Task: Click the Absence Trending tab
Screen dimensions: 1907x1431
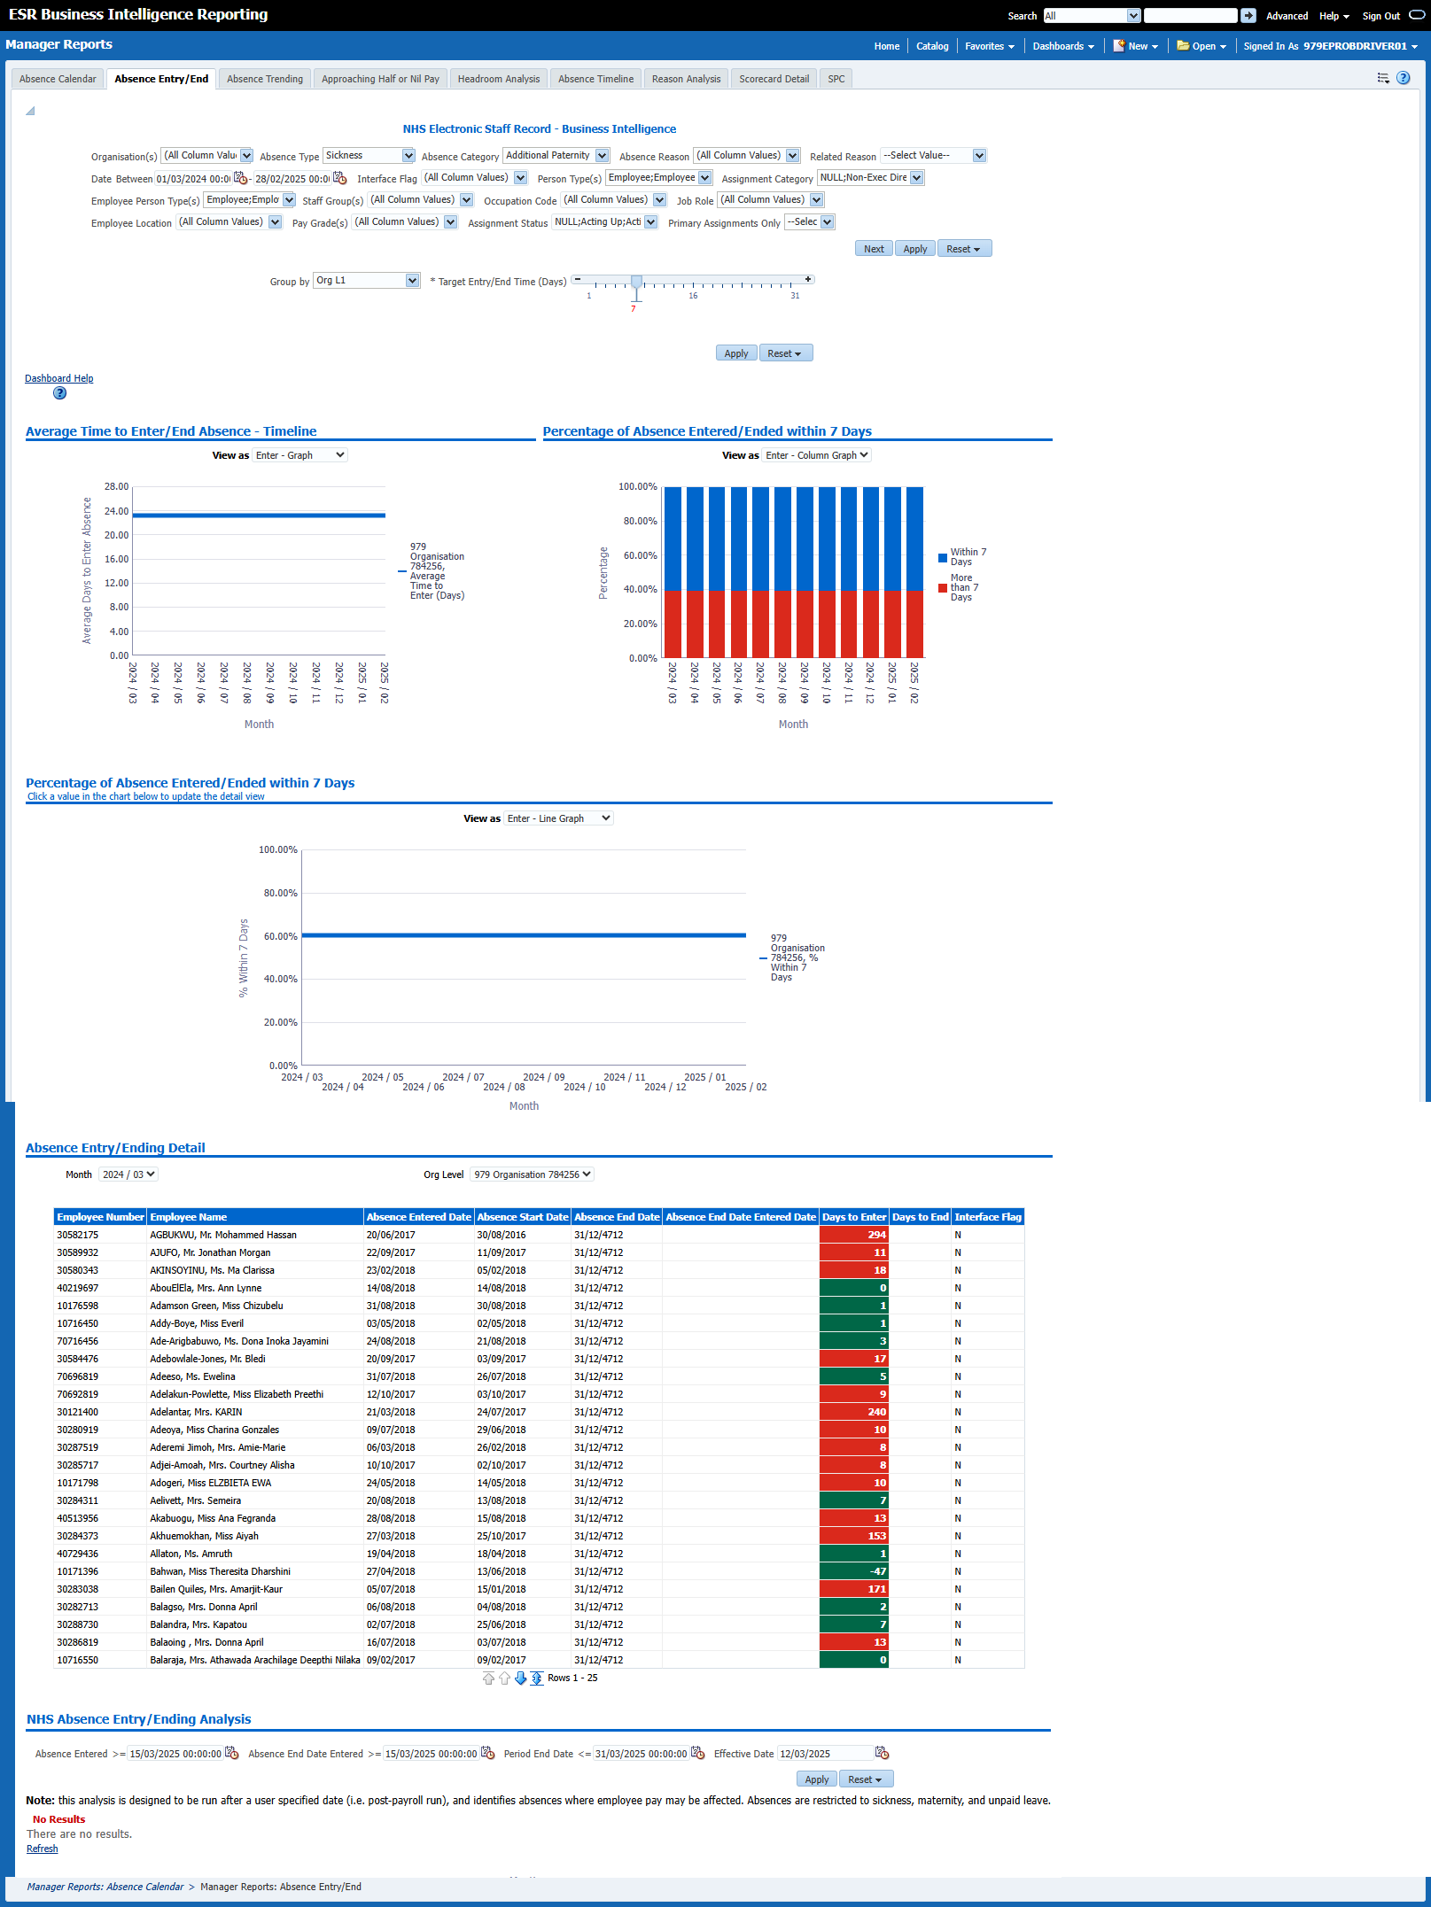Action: click(264, 79)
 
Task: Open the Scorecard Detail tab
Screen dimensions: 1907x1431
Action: click(774, 79)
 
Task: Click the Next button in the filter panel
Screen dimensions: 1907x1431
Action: click(874, 249)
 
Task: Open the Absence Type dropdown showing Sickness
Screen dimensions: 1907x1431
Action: click(369, 156)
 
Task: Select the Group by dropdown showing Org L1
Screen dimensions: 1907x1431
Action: click(366, 281)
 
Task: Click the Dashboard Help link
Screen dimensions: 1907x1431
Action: click(58, 378)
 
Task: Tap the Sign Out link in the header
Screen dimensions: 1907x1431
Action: click(1380, 16)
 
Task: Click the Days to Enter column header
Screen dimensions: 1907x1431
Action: click(853, 1217)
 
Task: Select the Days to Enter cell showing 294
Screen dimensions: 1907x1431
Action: click(853, 1235)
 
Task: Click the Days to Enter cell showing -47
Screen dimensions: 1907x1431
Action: click(853, 1571)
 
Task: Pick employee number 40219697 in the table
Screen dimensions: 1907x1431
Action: click(78, 1288)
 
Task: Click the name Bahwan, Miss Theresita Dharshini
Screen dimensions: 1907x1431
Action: click(220, 1571)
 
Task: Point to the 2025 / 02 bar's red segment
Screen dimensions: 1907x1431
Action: click(914, 624)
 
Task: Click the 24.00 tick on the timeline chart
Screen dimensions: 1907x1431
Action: click(117, 511)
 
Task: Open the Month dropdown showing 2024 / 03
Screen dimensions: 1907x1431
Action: click(128, 1174)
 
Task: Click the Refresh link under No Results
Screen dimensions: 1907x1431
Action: click(42, 1849)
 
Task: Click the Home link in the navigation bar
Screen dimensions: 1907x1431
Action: click(886, 46)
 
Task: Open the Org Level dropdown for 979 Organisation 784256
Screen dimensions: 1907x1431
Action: click(532, 1174)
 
